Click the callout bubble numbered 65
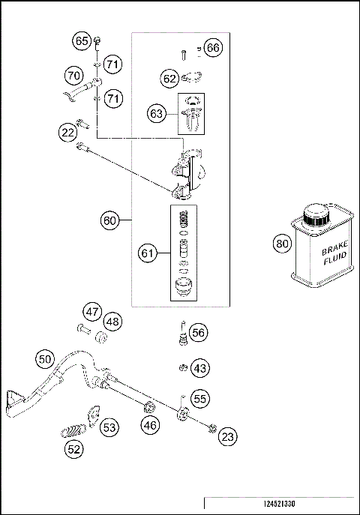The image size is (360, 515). [x=81, y=40]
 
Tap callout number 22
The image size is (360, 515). [x=67, y=133]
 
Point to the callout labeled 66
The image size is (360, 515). [x=213, y=48]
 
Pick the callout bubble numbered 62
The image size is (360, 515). [x=169, y=76]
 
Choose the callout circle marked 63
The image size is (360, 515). [x=156, y=114]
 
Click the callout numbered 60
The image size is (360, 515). [x=110, y=220]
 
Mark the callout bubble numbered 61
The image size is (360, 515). [x=148, y=254]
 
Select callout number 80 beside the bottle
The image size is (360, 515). [x=281, y=244]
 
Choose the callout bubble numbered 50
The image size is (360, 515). [x=45, y=359]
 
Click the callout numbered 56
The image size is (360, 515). [x=198, y=332]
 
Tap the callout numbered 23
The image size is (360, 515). [x=228, y=436]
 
